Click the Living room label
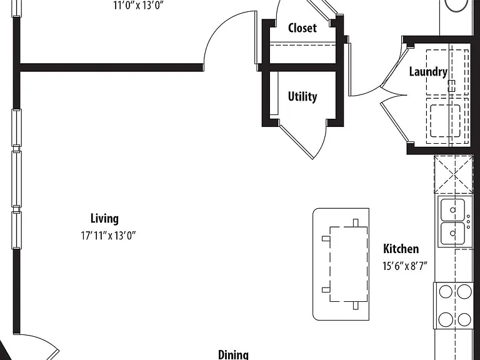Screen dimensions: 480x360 click(x=104, y=219)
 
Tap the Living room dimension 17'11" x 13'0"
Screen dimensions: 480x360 click(x=108, y=236)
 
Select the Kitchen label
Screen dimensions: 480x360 click(x=401, y=249)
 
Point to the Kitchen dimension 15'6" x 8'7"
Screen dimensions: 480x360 click(x=405, y=266)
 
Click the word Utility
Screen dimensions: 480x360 click(x=302, y=97)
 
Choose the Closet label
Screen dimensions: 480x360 click(x=302, y=28)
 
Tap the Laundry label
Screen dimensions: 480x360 click(x=428, y=72)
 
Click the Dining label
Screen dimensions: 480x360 click(x=233, y=354)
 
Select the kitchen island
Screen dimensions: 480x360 click(x=341, y=264)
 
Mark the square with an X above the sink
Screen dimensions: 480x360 click(x=454, y=174)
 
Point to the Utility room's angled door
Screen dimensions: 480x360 click(x=296, y=141)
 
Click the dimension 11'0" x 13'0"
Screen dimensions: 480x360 click(x=138, y=5)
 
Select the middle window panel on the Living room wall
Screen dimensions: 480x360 click(x=16, y=178)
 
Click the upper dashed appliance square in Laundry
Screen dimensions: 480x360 click(x=447, y=72)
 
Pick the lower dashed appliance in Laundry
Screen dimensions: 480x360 click(x=447, y=121)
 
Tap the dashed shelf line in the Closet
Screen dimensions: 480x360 click(x=302, y=45)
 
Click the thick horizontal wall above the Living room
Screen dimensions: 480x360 click(x=111, y=67)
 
